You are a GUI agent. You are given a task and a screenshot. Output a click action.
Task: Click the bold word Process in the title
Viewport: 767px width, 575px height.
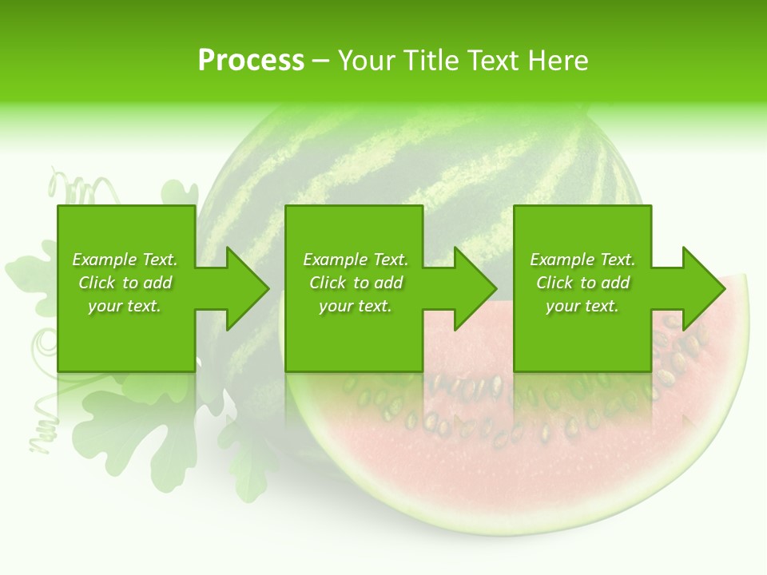point(251,61)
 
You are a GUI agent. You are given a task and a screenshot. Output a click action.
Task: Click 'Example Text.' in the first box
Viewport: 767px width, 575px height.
point(125,260)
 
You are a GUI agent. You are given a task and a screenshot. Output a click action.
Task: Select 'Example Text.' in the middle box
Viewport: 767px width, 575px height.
point(356,260)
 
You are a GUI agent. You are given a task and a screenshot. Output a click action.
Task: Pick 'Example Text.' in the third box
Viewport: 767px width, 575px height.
point(582,260)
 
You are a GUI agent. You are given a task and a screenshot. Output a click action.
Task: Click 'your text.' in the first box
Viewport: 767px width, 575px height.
point(125,306)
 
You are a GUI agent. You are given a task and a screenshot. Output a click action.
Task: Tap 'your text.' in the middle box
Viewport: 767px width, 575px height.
point(356,306)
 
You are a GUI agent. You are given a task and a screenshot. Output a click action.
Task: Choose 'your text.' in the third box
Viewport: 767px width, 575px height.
point(582,306)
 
